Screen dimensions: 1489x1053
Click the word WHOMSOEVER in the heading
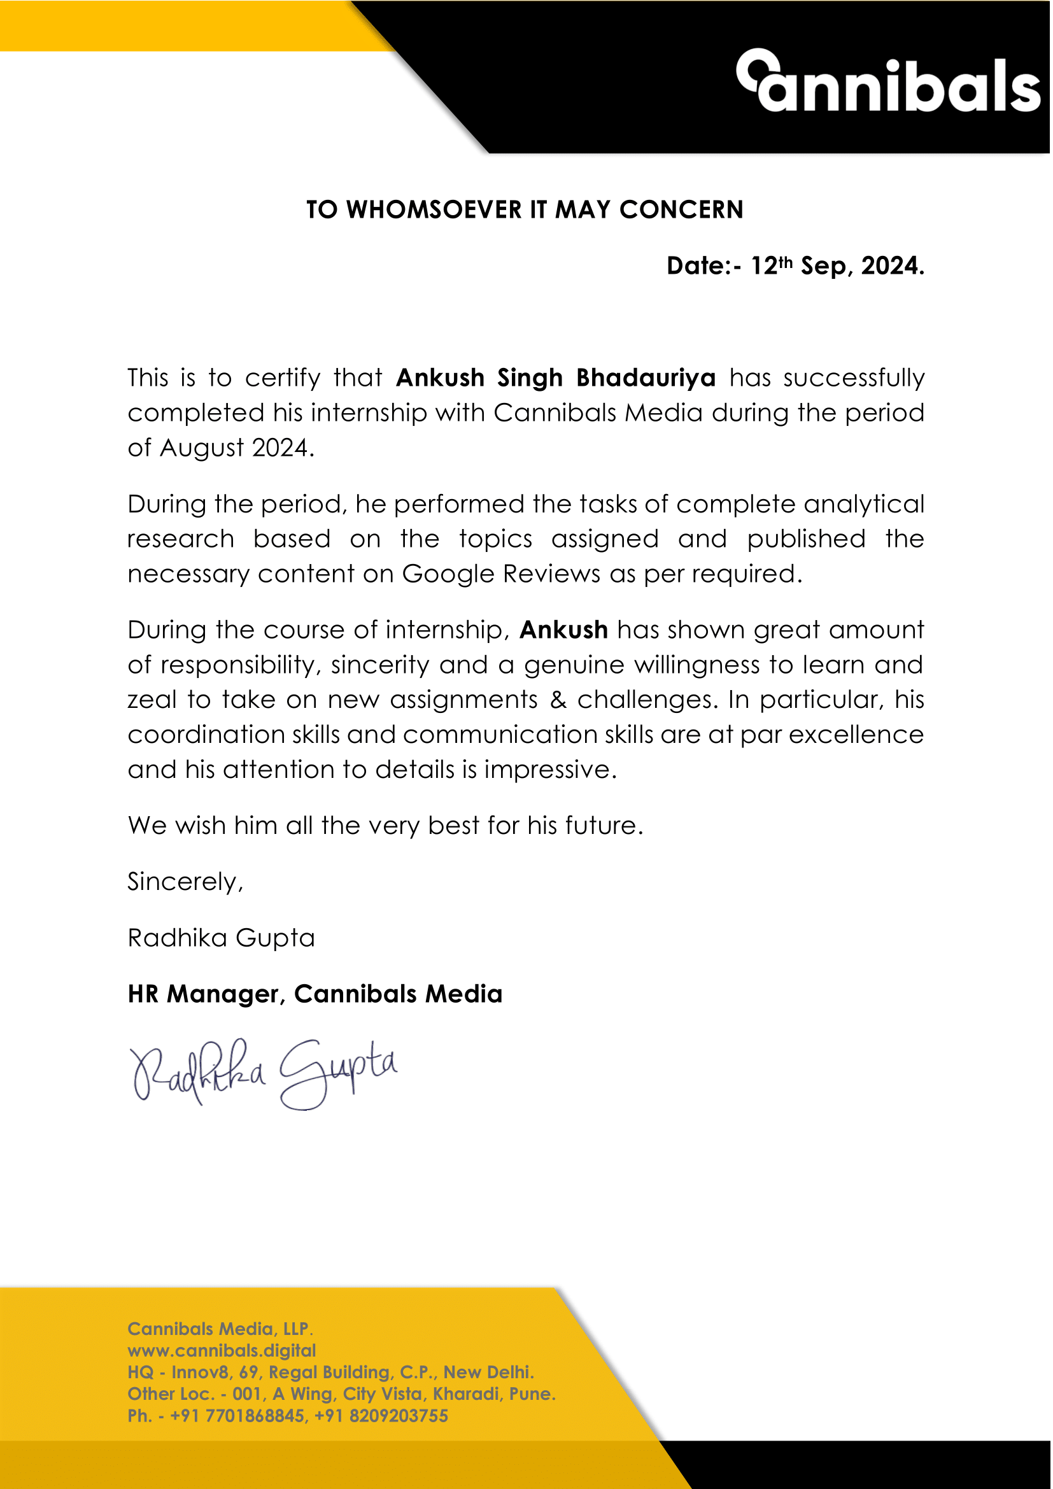tap(434, 210)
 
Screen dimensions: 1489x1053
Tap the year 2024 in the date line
tap(889, 267)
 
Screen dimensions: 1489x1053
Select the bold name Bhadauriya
tap(646, 378)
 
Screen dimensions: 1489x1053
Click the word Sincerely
tap(185, 882)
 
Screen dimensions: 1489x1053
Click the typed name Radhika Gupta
tap(221, 938)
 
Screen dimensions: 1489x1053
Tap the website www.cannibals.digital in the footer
tap(222, 1351)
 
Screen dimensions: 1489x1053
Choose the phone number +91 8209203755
tap(381, 1416)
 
